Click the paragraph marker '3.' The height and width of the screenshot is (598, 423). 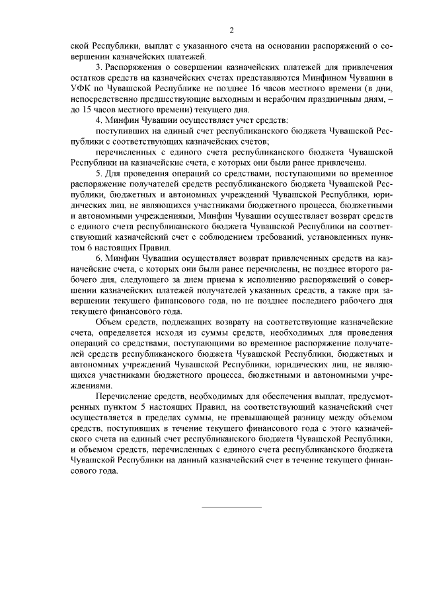(x=99, y=68)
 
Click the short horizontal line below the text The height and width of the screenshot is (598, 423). (x=231, y=506)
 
